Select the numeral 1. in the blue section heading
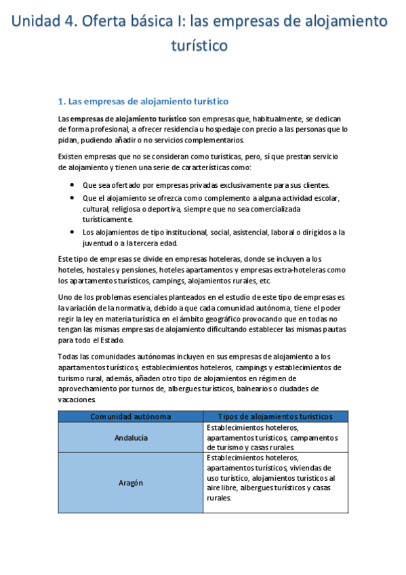coord(62,102)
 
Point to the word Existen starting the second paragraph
coord(73,157)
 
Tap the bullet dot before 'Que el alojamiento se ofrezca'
coord(73,197)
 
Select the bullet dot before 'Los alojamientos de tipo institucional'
coord(73,232)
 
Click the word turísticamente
coord(108,219)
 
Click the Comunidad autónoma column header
coord(131,416)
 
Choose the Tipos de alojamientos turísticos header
coord(275,416)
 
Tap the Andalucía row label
coord(131,438)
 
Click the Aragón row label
coord(131,483)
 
